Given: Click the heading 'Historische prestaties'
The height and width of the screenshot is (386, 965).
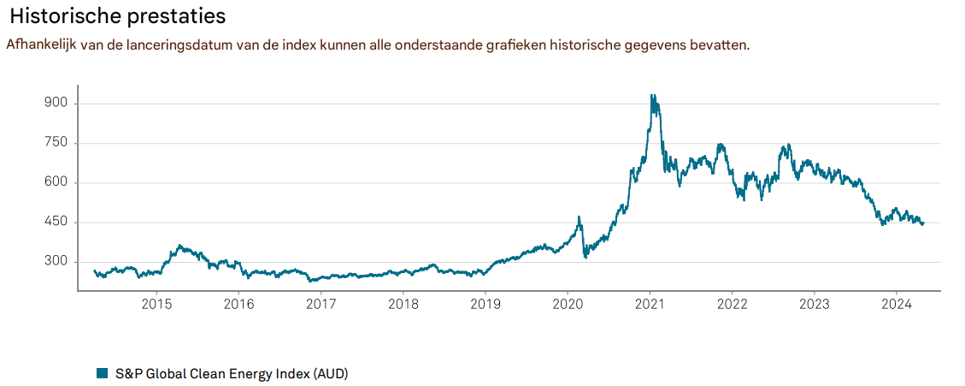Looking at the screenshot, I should (119, 16).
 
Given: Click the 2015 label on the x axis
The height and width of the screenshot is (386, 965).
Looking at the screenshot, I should (156, 305).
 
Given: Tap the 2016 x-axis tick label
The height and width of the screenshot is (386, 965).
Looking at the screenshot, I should (238, 305).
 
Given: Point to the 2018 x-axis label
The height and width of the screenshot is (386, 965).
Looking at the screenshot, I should (403, 305).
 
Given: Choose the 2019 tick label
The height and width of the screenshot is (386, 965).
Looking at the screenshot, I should (485, 305).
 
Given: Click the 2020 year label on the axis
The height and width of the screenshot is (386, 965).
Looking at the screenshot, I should (568, 305).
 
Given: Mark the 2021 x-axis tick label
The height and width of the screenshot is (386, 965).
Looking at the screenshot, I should (650, 305).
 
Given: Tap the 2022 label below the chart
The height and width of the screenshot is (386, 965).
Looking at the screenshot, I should (732, 305).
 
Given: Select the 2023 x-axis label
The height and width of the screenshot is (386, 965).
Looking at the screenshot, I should (815, 305).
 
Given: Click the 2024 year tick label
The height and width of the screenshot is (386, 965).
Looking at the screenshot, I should (897, 305).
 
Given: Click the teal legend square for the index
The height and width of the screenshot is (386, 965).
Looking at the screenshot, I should (102, 373).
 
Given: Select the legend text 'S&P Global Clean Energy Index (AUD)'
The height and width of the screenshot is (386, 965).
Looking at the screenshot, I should (232, 373).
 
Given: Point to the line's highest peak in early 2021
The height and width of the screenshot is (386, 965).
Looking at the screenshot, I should (652, 95).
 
